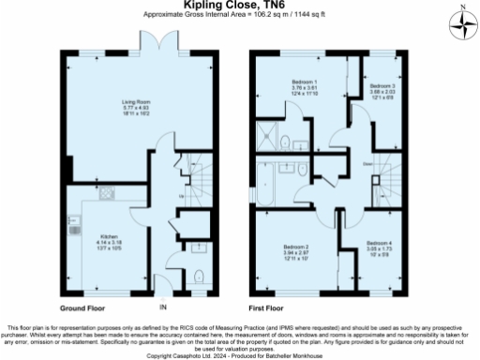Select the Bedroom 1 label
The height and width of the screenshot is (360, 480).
pyautogui.click(x=303, y=82)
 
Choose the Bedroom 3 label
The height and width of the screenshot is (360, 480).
pyautogui.click(x=382, y=86)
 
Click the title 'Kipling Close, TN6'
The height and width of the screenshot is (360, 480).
pyautogui.click(x=240, y=6)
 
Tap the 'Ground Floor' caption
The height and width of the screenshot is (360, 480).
pyautogui.click(x=82, y=307)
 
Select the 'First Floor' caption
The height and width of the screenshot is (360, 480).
pyautogui.click(x=268, y=307)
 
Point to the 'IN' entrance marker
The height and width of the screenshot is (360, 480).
pyautogui.click(x=163, y=308)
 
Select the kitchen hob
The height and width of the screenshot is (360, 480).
pyautogui.click(x=106, y=195)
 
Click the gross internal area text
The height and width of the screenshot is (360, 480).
pyautogui.click(x=240, y=15)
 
